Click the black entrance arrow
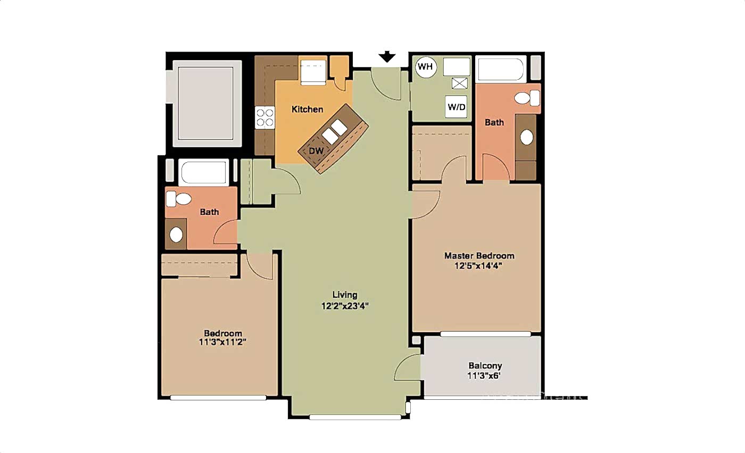(387, 57)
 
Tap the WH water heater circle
(426, 67)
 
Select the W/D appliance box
(456, 107)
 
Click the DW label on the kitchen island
(316, 151)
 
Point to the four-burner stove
(265, 118)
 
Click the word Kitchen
(308, 110)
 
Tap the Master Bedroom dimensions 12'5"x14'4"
(478, 266)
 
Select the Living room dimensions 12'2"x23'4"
(345, 306)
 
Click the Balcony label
(485, 366)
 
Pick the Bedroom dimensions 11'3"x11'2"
(222, 342)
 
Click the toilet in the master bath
(527, 98)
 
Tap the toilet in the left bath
(179, 199)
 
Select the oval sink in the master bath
(526, 137)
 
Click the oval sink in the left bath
(176, 235)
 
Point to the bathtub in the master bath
(501, 69)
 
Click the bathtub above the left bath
(203, 172)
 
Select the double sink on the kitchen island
(335, 132)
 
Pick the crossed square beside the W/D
(459, 83)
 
